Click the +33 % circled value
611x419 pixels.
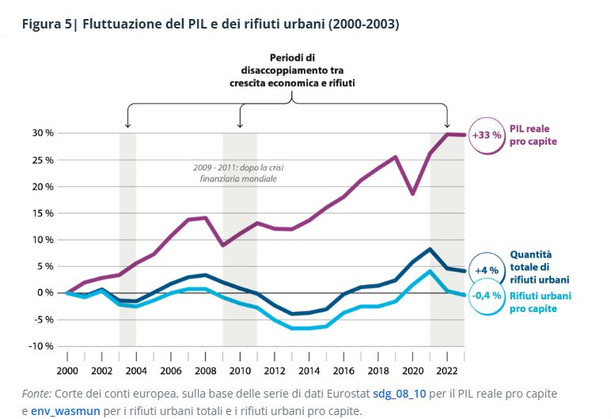tap(486, 135)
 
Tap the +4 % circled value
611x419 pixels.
tap(486, 271)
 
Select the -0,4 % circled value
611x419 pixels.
tap(486, 296)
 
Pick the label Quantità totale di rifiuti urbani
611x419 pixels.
tap(540, 267)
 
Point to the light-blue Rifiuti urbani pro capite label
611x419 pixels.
tap(540, 303)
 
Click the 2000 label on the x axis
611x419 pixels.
tap(67, 370)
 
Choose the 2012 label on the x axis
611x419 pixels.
tap(274, 370)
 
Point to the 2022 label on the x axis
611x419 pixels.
tap(446, 370)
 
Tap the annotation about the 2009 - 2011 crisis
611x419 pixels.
tap(235, 173)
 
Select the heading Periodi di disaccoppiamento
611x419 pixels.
tap(293, 70)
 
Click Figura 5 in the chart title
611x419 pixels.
tap(46, 25)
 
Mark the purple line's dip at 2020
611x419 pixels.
tap(412, 193)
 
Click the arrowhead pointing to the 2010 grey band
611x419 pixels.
tap(240, 125)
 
